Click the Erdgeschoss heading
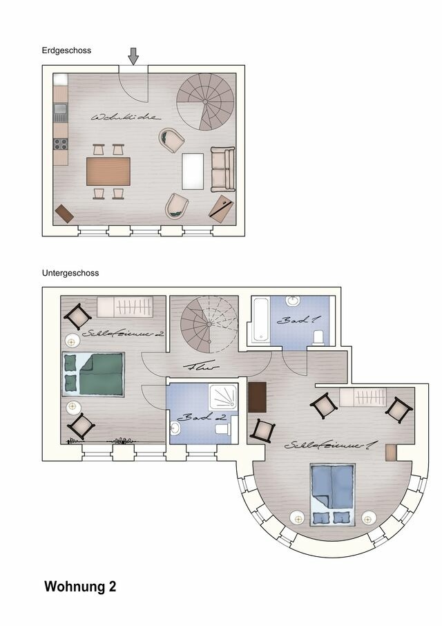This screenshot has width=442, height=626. point(67,50)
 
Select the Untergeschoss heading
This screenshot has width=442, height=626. point(70,273)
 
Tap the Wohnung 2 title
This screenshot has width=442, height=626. point(80,587)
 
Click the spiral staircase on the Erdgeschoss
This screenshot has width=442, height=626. point(202,102)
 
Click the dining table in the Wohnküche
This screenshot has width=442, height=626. point(108,171)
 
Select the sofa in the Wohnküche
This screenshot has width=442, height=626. point(222,169)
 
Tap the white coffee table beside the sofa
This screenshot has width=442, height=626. point(193,171)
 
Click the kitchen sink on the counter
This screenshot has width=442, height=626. point(60,111)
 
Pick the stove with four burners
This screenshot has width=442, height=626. point(60,144)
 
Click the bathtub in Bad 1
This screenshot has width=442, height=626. point(259,319)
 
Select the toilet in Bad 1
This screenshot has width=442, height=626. point(319,336)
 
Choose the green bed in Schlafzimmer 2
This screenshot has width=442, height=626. point(94,374)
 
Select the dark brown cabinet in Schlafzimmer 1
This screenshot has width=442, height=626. point(258,397)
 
